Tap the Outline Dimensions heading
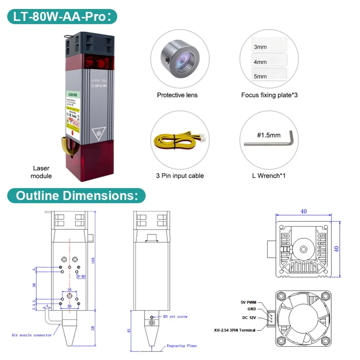pyautogui.click(x=76, y=196)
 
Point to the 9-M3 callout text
pyautogui.click(x=81, y=276)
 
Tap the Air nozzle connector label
pyautogui.click(x=32, y=335)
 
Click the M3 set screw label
pyautogui.click(x=175, y=316)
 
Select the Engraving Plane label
pyautogui.click(x=181, y=346)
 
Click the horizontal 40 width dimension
pyautogui.click(x=303, y=211)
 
